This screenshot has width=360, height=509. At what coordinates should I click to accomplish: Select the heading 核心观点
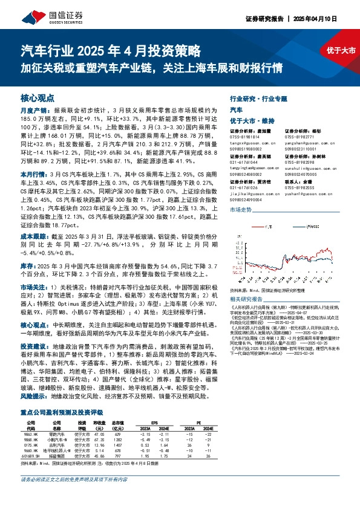pyautogui.click(x=38, y=97)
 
